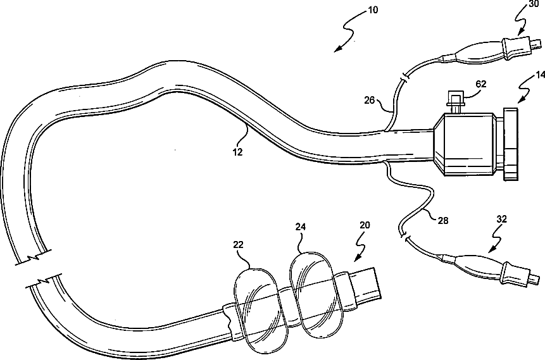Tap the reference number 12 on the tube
pyautogui.click(x=237, y=152)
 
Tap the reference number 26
pyautogui.click(x=369, y=99)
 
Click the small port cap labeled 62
pyautogui.click(x=454, y=98)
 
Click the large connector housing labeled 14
pyautogui.click(x=465, y=143)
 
